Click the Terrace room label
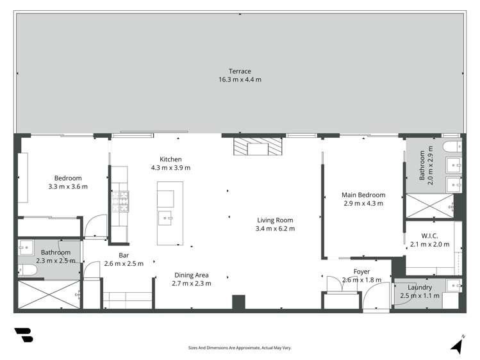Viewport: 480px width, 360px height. tap(240, 71)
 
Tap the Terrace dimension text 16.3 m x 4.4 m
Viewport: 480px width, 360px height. tap(240, 80)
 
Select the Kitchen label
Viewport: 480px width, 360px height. tap(170, 160)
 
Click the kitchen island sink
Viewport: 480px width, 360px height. tap(168, 217)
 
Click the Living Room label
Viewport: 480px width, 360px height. tap(274, 220)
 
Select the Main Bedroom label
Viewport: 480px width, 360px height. tap(363, 195)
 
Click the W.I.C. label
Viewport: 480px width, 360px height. tap(429, 235)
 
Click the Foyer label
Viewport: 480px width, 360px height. tap(362, 272)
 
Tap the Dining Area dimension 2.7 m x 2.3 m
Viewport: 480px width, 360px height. tap(192, 283)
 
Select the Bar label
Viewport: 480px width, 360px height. tap(124, 255)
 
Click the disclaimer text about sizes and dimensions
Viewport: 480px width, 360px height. tap(240, 348)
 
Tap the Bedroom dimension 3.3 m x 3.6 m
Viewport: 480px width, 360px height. tap(67, 186)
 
